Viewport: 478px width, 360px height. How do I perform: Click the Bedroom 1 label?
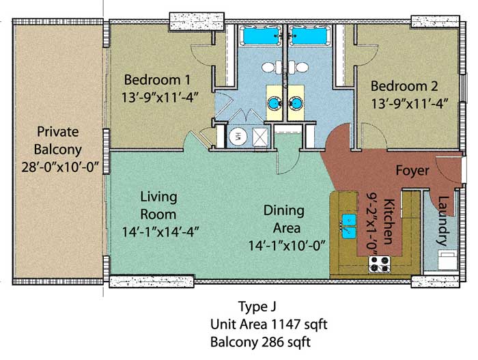click(x=157, y=80)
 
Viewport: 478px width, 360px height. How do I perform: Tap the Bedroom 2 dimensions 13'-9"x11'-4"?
click(x=410, y=103)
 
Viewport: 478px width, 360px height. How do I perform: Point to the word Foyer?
click(x=412, y=171)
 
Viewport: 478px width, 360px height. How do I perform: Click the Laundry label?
click(x=443, y=221)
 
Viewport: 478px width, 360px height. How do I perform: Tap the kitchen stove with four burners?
click(x=379, y=264)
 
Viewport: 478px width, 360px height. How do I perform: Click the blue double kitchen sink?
click(x=349, y=226)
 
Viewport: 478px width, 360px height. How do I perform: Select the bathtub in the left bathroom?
click(x=261, y=36)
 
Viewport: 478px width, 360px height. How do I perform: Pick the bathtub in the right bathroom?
click(x=309, y=36)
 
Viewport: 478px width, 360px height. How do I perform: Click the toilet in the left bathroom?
click(x=272, y=67)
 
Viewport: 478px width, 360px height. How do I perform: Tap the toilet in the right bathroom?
click(x=298, y=67)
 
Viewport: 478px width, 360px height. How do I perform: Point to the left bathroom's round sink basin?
click(x=275, y=103)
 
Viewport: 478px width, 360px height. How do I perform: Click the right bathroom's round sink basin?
click(x=296, y=103)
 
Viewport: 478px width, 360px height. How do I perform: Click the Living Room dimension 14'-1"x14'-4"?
click(x=160, y=232)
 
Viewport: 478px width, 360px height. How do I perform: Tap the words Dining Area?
click(x=284, y=219)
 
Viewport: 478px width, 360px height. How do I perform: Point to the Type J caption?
click(x=257, y=307)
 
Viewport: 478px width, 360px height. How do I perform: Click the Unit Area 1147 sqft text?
click(x=268, y=324)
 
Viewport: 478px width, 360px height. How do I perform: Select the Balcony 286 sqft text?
click(x=260, y=342)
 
